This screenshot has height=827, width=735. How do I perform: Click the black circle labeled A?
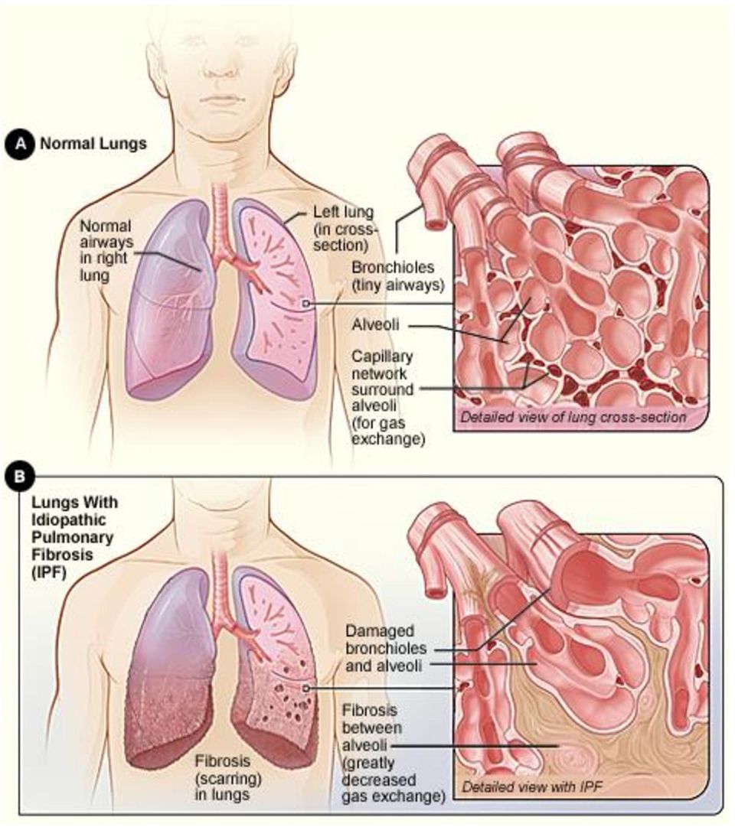tap(20, 144)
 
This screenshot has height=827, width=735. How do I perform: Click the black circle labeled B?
tap(20, 477)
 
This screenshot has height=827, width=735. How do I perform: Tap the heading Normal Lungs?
tap(93, 144)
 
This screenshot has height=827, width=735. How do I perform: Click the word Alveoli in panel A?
tap(375, 324)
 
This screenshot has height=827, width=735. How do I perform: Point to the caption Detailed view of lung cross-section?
tap(573, 417)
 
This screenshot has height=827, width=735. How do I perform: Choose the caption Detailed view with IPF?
tap(531, 787)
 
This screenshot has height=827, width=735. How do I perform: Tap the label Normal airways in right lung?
tap(106, 250)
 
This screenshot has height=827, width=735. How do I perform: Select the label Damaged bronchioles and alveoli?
tap(386, 648)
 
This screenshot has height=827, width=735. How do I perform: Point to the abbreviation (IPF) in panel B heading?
tap(49, 572)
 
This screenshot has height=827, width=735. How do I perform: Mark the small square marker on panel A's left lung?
tap(305, 303)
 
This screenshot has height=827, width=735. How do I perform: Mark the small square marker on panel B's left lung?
tap(305, 689)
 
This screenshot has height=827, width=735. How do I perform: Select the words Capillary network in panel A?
tap(382, 365)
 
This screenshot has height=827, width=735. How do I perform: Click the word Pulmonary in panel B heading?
tap(72, 538)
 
